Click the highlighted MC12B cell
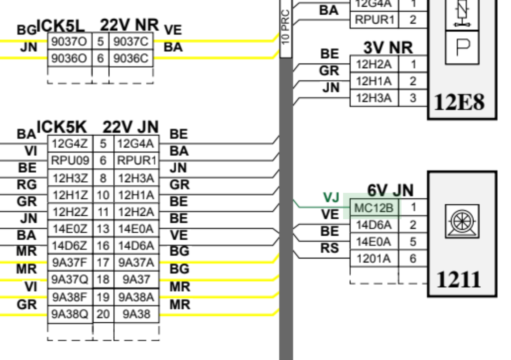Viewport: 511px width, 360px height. [x=374, y=207]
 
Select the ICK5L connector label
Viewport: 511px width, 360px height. [x=60, y=25]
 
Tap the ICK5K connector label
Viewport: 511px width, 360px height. [x=62, y=127]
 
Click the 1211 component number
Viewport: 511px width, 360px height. [x=459, y=280]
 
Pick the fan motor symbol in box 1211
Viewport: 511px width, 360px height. [x=462, y=221]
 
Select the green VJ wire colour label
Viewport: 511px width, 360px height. [x=332, y=198]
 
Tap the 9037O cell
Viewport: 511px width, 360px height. [x=69, y=41]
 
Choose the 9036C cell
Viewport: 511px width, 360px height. [x=131, y=58]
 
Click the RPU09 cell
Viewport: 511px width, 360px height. [x=70, y=161]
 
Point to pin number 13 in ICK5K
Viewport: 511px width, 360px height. [x=103, y=229]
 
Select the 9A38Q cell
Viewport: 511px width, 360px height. [x=70, y=314]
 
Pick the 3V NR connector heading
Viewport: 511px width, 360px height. [x=388, y=48]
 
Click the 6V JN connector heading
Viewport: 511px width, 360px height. [x=390, y=191]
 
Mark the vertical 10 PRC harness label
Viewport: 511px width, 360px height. [x=286, y=27]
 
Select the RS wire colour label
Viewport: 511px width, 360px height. [x=329, y=248]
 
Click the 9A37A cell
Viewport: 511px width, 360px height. [x=136, y=263]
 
